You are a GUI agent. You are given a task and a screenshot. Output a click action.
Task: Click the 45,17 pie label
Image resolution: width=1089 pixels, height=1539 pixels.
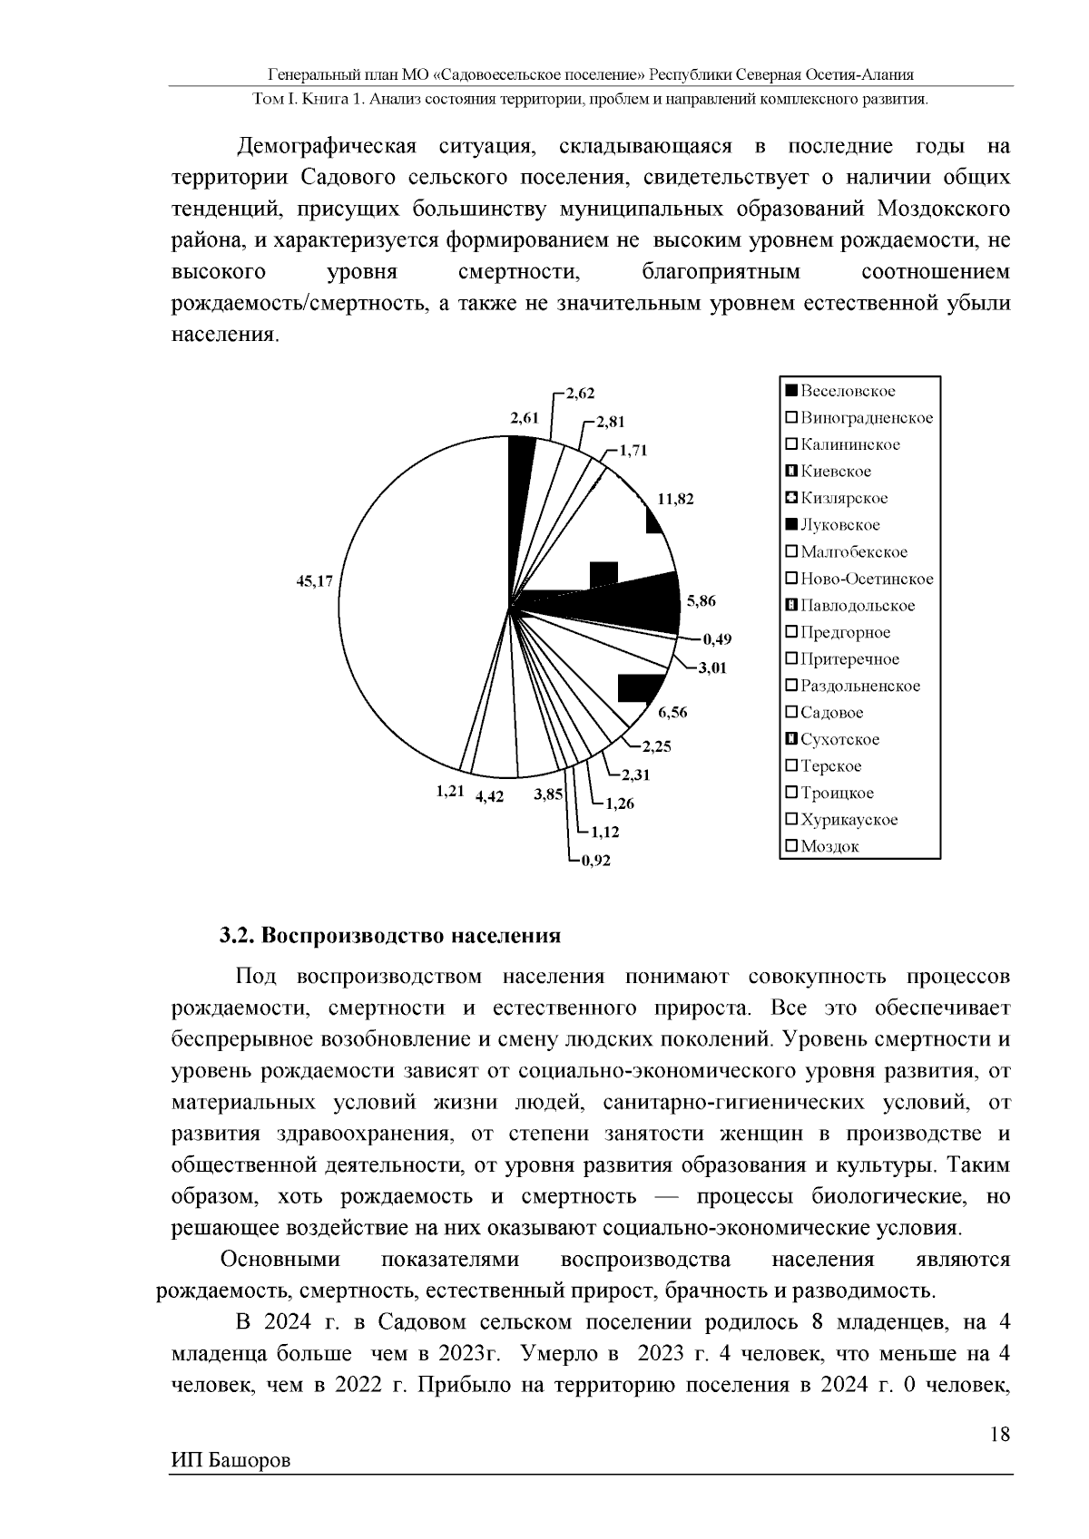click(315, 581)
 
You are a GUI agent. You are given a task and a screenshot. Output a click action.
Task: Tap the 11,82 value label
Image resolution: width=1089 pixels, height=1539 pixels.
click(675, 499)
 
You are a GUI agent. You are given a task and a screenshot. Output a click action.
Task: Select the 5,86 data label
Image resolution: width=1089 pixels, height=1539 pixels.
click(701, 600)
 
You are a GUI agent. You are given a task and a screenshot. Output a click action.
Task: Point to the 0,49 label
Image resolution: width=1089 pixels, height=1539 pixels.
click(717, 639)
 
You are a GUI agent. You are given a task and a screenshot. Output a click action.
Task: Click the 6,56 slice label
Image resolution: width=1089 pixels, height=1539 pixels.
click(672, 712)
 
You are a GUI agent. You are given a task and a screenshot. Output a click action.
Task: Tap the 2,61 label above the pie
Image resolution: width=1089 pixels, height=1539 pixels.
click(525, 417)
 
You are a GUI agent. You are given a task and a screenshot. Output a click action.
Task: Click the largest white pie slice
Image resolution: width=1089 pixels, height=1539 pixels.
click(408, 617)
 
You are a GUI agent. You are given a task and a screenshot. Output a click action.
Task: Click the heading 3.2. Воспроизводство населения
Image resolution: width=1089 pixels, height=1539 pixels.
click(390, 935)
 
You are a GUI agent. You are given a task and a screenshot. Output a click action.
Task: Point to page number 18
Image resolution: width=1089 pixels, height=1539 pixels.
click(1000, 1434)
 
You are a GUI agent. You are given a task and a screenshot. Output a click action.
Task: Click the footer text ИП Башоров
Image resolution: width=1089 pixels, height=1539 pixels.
click(231, 1461)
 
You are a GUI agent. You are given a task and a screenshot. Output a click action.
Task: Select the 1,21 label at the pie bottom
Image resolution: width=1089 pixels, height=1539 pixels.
click(450, 792)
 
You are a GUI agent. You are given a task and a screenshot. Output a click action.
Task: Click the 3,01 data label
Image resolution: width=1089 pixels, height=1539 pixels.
click(714, 668)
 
